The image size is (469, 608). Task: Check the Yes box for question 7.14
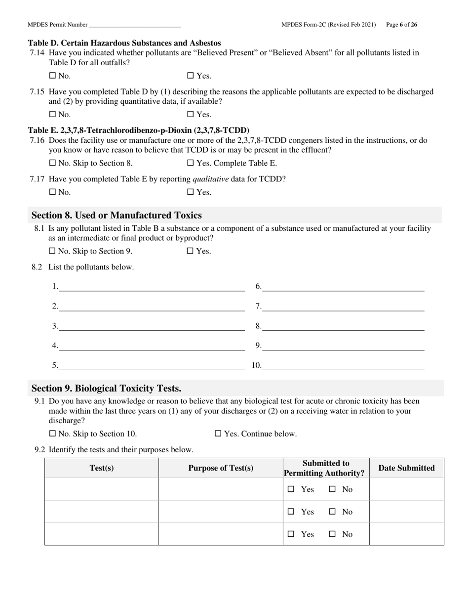point(190,76)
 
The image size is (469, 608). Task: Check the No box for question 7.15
point(52,115)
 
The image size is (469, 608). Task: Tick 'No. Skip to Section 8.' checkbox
point(52,163)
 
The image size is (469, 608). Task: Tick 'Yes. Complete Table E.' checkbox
point(190,163)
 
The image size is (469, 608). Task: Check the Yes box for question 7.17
point(190,192)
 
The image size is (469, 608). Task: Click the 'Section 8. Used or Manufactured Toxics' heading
point(117,216)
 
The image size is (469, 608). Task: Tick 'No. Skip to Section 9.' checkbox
point(52,251)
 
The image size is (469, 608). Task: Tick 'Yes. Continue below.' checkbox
point(218,434)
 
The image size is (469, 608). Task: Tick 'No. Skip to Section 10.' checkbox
point(52,434)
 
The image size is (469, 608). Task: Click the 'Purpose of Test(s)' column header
point(221,468)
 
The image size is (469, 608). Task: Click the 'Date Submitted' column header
point(406,468)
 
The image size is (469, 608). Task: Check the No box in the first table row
point(332,489)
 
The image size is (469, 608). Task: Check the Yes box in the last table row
point(291,534)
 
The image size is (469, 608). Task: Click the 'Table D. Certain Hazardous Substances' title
point(124,43)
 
